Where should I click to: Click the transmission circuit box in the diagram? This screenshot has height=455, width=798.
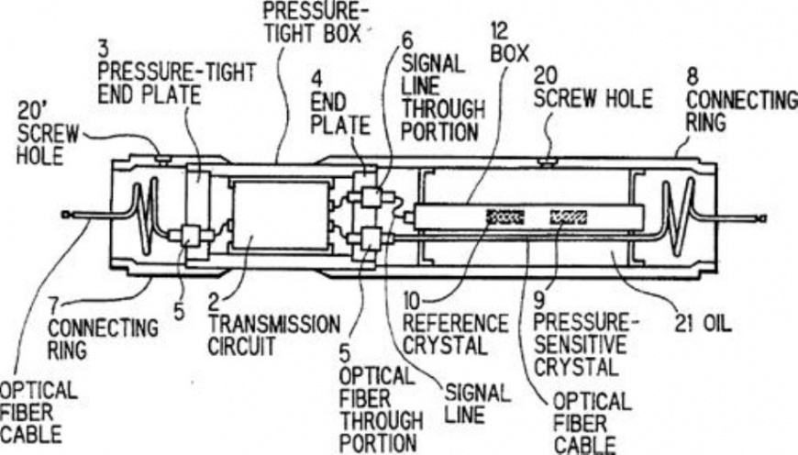pos(281,216)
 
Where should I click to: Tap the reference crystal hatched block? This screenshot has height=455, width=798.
pos(505,217)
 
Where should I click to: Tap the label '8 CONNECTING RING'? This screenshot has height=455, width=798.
pos(740,101)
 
